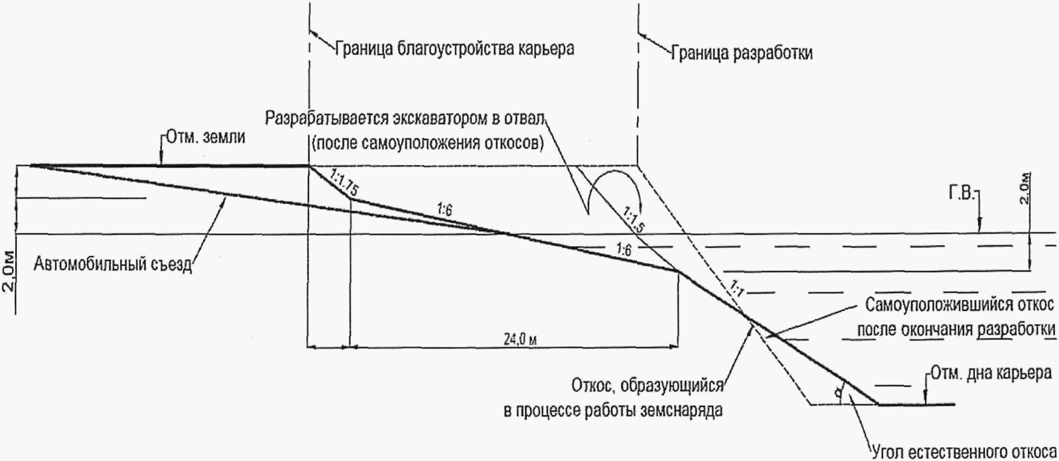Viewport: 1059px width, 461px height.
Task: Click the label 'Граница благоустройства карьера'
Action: (x=455, y=49)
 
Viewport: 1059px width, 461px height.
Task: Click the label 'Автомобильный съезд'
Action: (x=112, y=264)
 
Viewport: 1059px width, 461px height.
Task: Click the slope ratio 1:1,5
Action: (x=634, y=220)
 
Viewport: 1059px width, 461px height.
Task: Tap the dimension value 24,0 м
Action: (x=520, y=338)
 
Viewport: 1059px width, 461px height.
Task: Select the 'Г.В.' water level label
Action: (x=961, y=194)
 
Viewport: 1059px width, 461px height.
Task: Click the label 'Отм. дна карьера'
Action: (x=991, y=373)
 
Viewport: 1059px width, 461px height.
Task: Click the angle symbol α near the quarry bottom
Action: (x=838, y=393)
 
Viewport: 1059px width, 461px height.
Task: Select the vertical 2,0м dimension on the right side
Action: (x=1025, y=188)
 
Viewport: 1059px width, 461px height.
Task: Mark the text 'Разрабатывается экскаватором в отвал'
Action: (x=405, y=118)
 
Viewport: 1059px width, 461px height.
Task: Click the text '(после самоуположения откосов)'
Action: (x=428, y=143)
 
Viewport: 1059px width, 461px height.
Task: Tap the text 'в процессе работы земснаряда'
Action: (x=613, y=411)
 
